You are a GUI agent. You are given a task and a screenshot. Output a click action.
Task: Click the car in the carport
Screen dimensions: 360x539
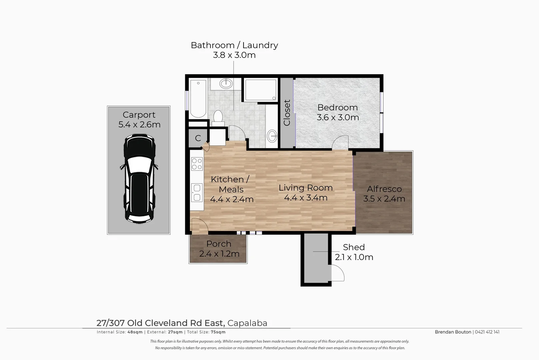(x=139, y=179)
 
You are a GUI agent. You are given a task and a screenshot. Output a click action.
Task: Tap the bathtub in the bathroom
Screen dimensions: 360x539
(x=198, y=99)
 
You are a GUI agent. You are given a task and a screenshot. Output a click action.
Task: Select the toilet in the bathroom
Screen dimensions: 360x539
(x=218, y=118)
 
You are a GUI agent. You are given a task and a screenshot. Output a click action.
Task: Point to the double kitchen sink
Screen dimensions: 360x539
(x=197, y=193)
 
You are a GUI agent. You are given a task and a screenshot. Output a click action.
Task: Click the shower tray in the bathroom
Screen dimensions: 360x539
(x=261, y=90)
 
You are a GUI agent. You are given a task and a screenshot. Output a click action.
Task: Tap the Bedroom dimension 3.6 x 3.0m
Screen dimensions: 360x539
(x=337, y=117)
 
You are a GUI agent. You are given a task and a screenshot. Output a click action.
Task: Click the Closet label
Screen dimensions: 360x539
(x=287, y=113)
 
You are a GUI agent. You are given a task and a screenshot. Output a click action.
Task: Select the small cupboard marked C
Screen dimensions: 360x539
(x=198, y=138)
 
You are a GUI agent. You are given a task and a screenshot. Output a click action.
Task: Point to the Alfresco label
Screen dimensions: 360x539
(x=384, y=189)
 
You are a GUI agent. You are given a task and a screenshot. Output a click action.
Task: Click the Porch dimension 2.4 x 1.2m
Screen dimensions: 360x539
(x=219, y=254)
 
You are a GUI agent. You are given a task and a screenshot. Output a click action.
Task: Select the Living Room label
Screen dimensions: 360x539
(x=305, y=188)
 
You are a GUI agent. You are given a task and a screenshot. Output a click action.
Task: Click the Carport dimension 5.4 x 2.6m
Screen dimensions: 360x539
(x=139, y=125)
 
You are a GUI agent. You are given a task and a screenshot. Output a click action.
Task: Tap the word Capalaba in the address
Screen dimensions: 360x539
(x=248, y=323)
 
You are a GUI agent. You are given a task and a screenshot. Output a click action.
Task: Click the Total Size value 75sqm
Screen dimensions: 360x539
(x=218, y=332)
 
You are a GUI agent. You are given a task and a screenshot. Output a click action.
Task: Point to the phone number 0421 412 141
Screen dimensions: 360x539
(x=487, y=332)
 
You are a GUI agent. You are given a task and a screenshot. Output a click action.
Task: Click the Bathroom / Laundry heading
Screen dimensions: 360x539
(x=234, y=45)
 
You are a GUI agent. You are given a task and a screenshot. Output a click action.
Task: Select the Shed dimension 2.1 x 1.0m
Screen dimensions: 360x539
(x=354, y=257)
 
